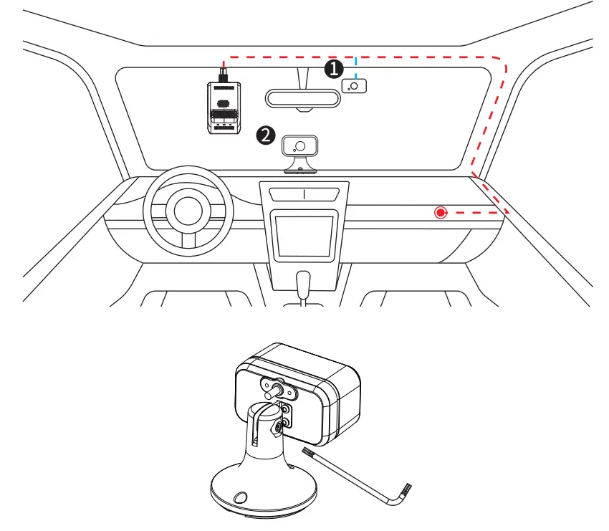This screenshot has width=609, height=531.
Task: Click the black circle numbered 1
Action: coord(332,69)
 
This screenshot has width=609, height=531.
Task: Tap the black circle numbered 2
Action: coord(266,134)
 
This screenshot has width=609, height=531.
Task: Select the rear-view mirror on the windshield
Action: coord(302,99)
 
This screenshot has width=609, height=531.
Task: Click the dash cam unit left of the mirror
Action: coord(223,107)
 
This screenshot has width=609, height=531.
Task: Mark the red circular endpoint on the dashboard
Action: coord(441,212)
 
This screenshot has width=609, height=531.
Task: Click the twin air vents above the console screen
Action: coord(304,194)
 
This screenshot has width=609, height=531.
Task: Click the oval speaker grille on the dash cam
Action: coord(223,102)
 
